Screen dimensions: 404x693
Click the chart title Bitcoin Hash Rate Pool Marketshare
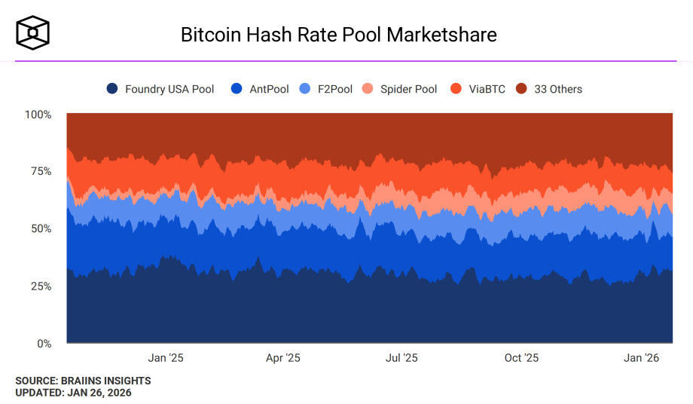(338, 35)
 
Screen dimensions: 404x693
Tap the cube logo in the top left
(33, 33)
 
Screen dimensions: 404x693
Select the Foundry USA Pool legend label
(169, 89)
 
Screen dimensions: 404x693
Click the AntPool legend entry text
(269, 89)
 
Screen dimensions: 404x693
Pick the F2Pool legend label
(335, 89)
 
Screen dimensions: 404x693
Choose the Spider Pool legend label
(408, 89)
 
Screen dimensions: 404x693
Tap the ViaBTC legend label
(487, 89)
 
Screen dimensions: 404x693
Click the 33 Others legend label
(558, 89)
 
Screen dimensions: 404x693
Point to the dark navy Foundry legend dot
(112, 89)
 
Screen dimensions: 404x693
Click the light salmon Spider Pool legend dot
(368, 89)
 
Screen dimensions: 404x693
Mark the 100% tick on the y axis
(38, 115)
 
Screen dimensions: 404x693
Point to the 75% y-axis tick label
(41, 171)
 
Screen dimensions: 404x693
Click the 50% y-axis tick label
(41, 228)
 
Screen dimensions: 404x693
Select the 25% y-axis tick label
(41, 286)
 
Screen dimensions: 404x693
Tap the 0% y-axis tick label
(44, 344)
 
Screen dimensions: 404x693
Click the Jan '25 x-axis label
(165, 358)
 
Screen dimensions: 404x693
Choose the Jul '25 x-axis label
(401, 358)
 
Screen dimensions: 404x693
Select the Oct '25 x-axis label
(521, 358)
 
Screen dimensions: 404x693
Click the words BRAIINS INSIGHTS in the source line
(108, 381)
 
